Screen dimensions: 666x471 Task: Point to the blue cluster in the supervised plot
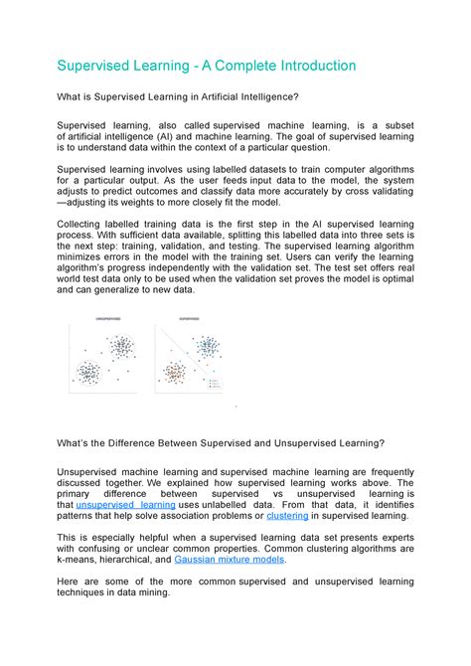coord(207,347)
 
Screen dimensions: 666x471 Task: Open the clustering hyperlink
coord(287,518)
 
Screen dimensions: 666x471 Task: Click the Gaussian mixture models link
coord(239,560)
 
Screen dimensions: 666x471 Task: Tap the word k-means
coord(79,560)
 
